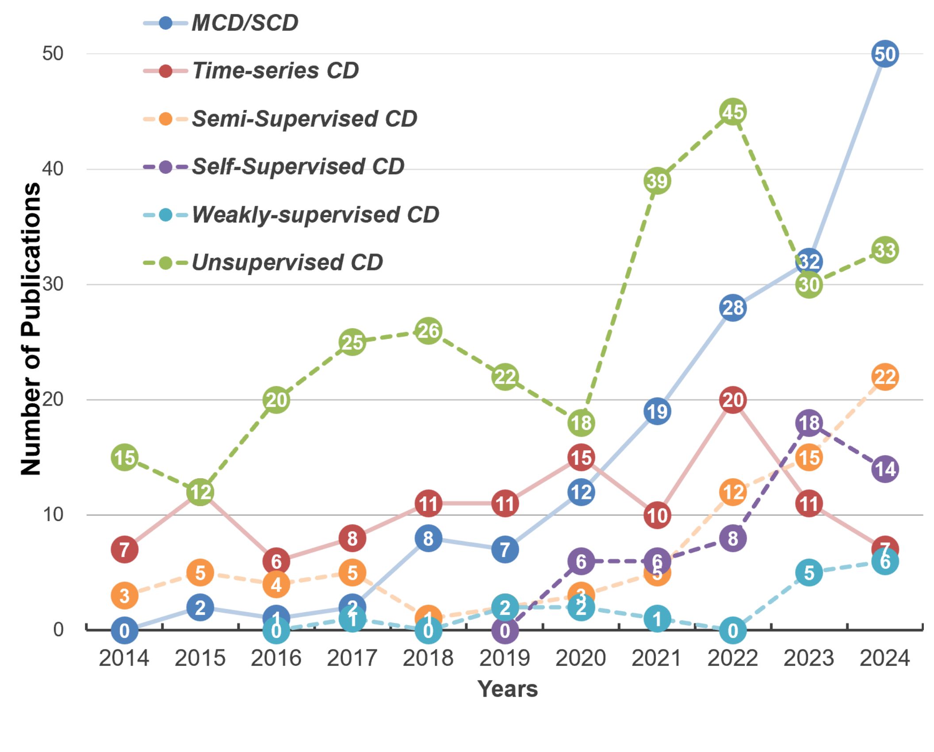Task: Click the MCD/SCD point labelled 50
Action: [884, 54]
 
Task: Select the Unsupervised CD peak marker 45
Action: [733, 112]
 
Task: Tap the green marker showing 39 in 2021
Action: [657, 181]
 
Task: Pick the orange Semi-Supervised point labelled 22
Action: [884, 377]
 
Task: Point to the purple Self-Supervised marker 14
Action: [884, 469]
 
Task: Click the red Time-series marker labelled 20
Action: [733, 400]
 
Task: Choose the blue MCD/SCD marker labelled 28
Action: [733, 308]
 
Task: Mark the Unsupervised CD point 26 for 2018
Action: [428, 331]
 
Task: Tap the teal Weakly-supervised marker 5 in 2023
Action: [809, 573]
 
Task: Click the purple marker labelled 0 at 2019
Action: [505, 630]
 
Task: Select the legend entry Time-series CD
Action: [275, 71]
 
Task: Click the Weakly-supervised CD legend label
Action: [315, 215]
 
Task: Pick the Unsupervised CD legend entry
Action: [287, 263]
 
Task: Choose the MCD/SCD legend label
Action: [245, 23]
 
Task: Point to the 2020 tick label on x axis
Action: [581, 658]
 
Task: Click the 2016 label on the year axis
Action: [276, 658]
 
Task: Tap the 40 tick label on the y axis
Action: [53, 169]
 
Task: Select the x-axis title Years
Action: [507, 689]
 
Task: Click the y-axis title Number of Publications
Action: [31, 329]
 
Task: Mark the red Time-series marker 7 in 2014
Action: [124, 550]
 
